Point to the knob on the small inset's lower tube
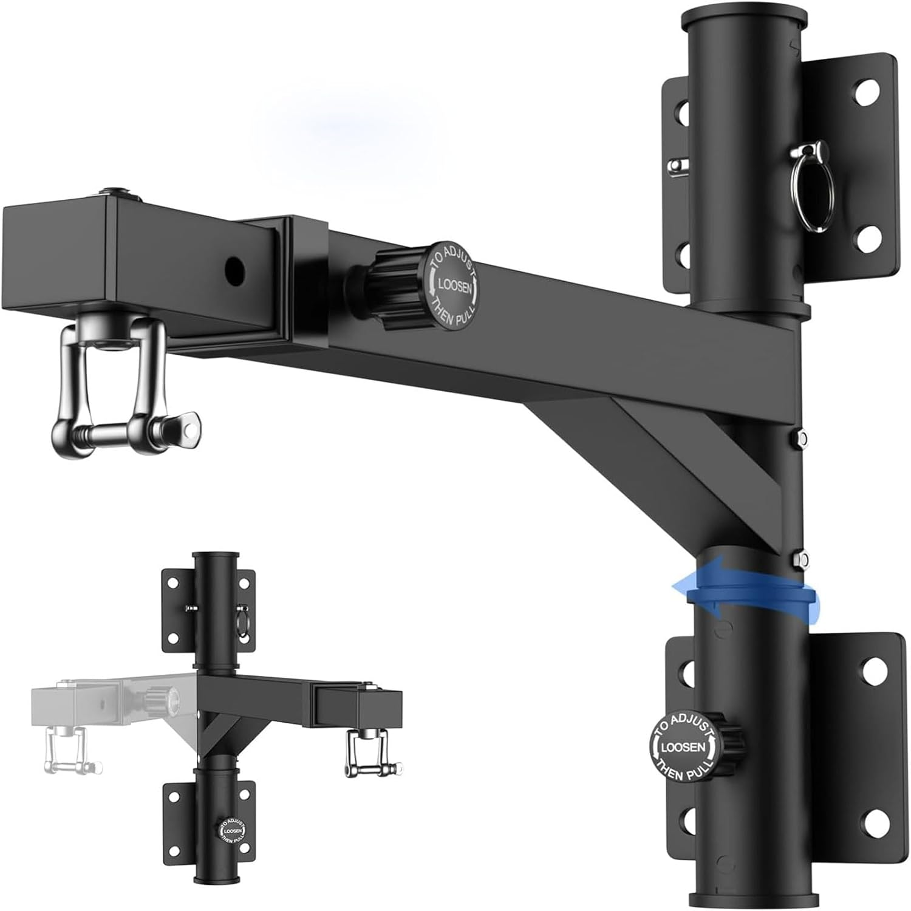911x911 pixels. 230,831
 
